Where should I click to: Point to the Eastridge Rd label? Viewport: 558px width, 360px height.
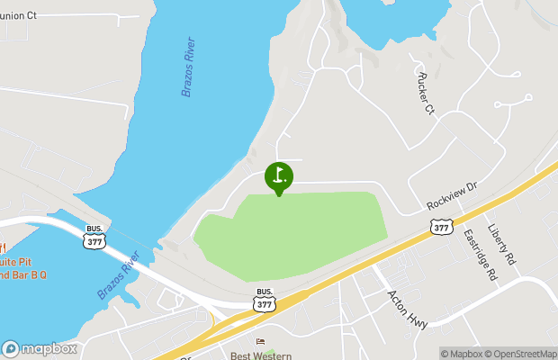pyautogui.click(x=480, y=252)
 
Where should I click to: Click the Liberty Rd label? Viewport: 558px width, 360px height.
pyautogui.click(x=502, y=243)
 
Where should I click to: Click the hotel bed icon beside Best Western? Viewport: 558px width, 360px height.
pyautogui.click(x=261, y=342)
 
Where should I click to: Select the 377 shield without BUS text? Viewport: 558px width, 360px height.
pyautogui.click(x=441, y=228)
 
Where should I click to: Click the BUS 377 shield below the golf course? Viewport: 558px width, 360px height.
pyautogui.click(x=264, y=299)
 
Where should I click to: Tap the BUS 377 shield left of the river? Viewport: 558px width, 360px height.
pyautogui.click(x=93, y=238)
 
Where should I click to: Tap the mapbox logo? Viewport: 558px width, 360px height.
pyautogui.click(x=39, y=348)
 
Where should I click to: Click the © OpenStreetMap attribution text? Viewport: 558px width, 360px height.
pyautogui.click(x=521, y=353)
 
